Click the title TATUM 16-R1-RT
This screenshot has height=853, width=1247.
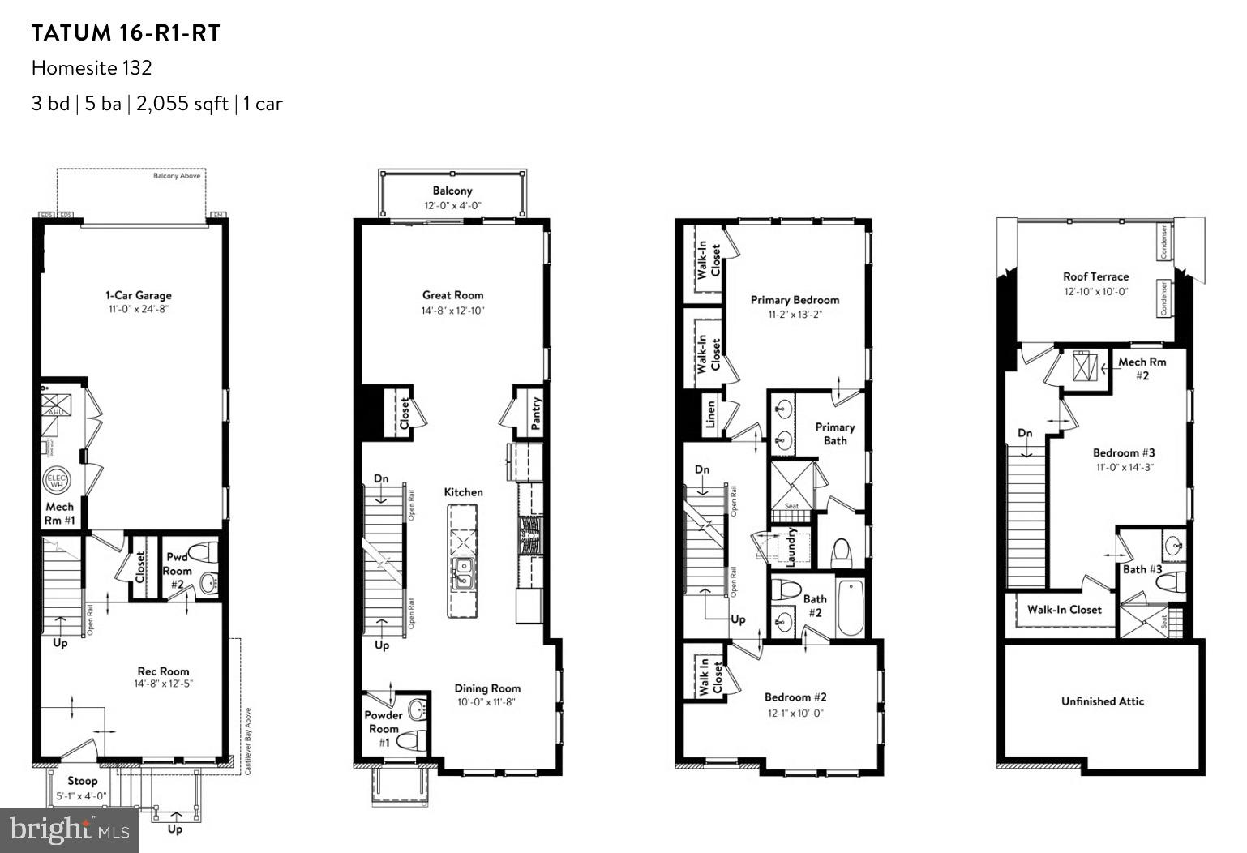coord(126,33)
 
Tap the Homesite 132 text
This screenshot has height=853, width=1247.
coord(92,68)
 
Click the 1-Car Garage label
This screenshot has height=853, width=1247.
coord(138,295)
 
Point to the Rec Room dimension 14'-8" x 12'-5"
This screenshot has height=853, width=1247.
coord(163,684)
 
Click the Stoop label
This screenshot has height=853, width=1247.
coord(82,781)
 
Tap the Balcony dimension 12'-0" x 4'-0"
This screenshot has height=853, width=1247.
coord(452,206)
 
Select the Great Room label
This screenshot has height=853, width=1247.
coord(452,295)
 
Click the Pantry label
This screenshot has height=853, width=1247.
coord(537,413)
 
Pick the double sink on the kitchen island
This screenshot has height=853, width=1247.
coord(463,572)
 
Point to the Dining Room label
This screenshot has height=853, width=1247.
coord(486,688)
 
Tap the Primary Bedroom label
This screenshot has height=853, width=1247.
coord(795,300)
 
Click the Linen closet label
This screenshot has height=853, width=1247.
coord(711,414)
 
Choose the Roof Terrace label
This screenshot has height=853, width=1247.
coord(1095,276)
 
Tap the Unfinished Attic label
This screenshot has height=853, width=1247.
coord(1102,701)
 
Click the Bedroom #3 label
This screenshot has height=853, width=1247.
coord(1123,452)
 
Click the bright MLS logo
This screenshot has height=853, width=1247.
coord(69,829)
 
